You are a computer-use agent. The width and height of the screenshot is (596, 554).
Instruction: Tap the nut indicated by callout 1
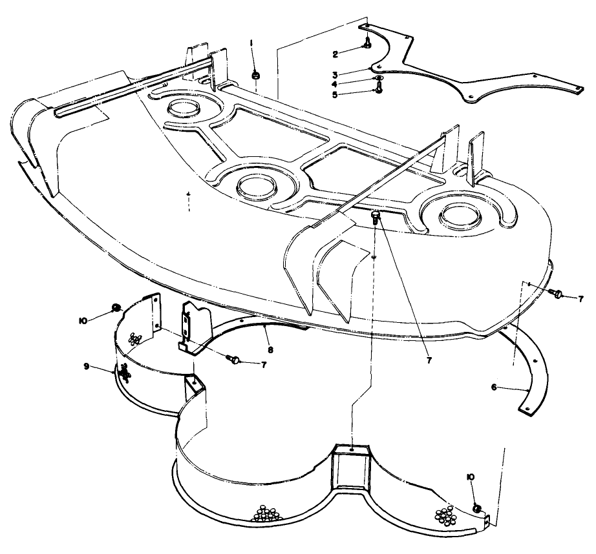click(x=255, y=75)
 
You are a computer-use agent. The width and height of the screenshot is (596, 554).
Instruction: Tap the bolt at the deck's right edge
click(x=554, y=293)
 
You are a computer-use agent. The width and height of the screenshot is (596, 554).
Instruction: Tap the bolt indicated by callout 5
click(x=378, y=90)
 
